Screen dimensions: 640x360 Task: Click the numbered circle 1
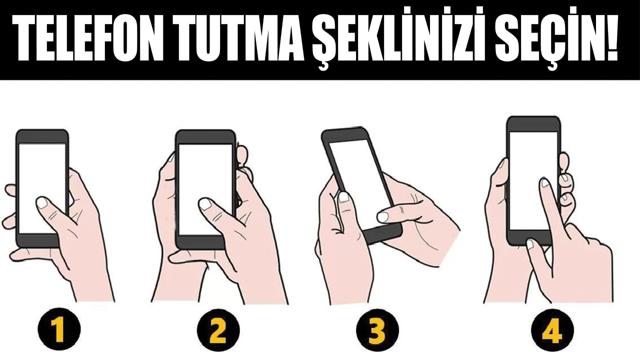click(59, 329)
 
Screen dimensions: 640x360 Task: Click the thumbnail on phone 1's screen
click(43, 202)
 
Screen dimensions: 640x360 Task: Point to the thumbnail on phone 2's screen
click(205, 204)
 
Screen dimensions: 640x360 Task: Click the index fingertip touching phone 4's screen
click(545, 182)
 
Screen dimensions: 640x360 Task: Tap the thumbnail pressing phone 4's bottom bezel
click(530, 244)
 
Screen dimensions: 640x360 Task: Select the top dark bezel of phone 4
click(533, 124)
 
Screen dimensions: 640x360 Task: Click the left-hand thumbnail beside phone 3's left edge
click(343, 197)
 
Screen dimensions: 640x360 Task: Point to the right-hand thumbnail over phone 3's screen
click(383, 216)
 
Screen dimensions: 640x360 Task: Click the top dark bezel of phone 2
click(205, 137)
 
